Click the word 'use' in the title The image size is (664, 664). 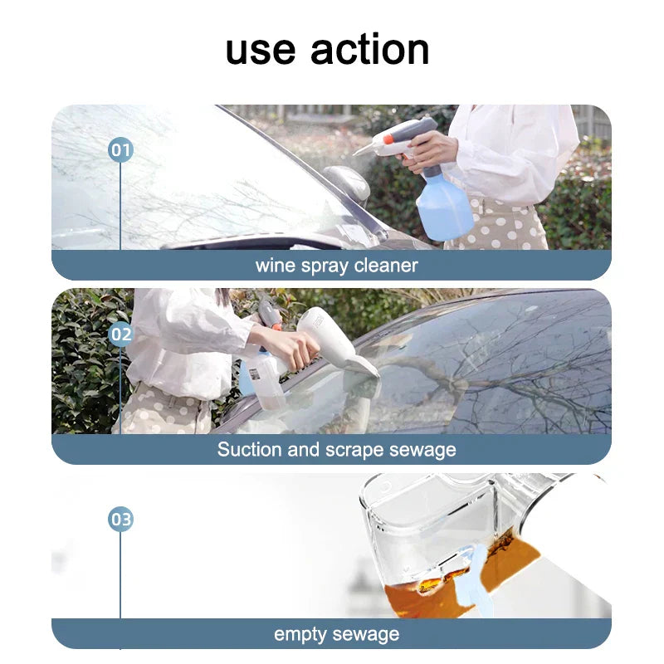pyautogui.click(x=261, y=50)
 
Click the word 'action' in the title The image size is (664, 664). pyautogui.click(x=370, y=50)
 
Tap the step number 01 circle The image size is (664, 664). pyautogui.click(x=120, y=150)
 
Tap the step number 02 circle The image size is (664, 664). pyautogui.click(x=120, y=334)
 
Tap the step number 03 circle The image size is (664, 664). pyautogui.click(x=120, y=520)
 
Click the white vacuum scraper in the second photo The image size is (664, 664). pyautogui.click(x=336, y=344)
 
